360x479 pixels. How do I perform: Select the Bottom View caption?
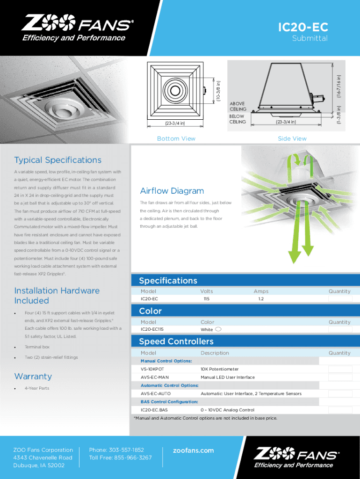click(x=176, y=138)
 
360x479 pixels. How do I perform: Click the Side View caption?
click(x=292, y=138)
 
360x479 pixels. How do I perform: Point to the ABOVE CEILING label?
click(x=238, y=106)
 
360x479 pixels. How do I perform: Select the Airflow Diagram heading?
click(x=172, y=191)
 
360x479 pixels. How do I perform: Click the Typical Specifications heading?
click(x=58, y=160)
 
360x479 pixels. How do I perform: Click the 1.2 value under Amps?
click(x=261, y=298)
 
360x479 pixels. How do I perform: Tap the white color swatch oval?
click(x=218, y=329)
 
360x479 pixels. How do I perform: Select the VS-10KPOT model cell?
click(x=152, y=369)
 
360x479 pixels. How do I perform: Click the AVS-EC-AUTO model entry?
click(x=156, y=393)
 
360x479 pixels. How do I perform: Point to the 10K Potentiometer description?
click(x=219, y=369)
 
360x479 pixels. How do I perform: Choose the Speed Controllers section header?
click(x=176, y=341)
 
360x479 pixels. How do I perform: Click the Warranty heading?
click(x=33, y=377)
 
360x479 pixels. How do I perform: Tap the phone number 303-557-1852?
click(x=116, y=450)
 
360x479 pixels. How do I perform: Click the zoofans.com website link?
click(x=193, y=450)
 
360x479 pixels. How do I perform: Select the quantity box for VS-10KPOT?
click(x=339, y=369)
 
